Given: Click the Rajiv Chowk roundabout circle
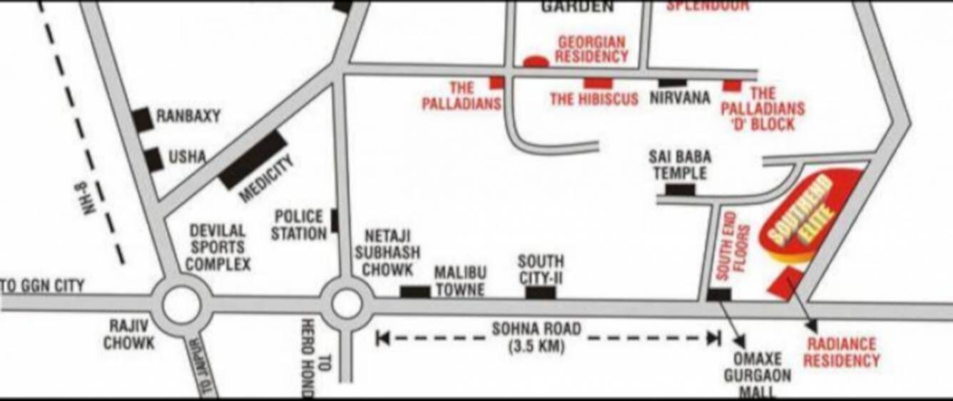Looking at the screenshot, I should click(182, 305).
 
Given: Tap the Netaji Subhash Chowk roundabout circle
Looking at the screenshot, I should click(347, 304).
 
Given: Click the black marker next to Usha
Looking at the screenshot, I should click(153, 160).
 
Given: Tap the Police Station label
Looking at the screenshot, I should click(298, 224).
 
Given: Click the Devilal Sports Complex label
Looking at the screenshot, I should click(219, 247).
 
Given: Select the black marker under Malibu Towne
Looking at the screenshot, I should click(414, 291).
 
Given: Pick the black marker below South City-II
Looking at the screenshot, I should click(540, 292).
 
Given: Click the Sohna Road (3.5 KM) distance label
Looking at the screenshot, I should click(536, 338).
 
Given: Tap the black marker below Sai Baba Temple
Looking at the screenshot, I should click(680, 189).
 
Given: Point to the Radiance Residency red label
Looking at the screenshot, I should click(841, 353).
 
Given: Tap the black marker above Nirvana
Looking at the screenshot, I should click(673, 83).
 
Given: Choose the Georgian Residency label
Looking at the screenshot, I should click(592, 49).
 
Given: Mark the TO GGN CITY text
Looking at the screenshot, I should click(43, 286).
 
